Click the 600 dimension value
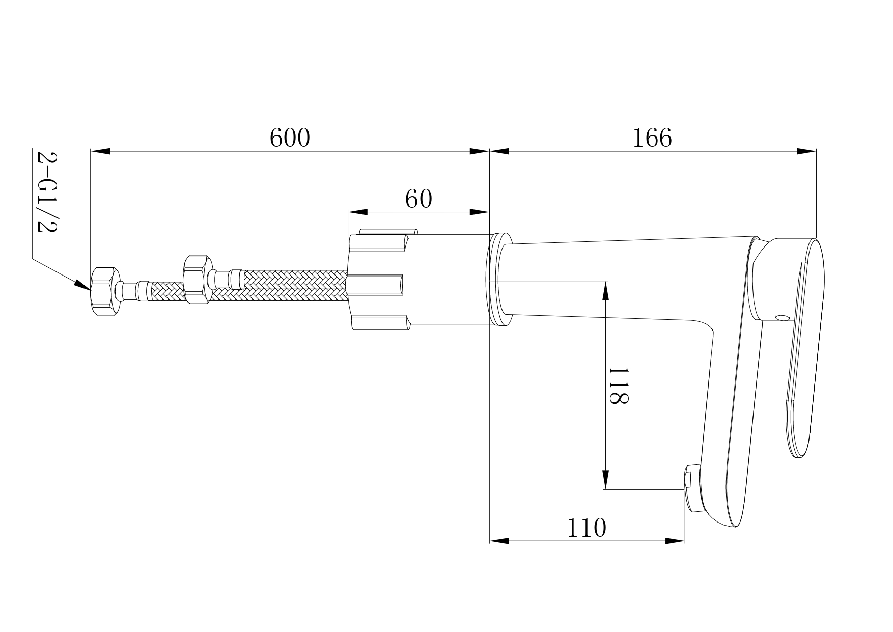point(290,138)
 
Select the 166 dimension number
point(652,138)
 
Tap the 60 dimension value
point(418,199)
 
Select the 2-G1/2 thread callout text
point(47,191)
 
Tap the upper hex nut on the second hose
point(196,280)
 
